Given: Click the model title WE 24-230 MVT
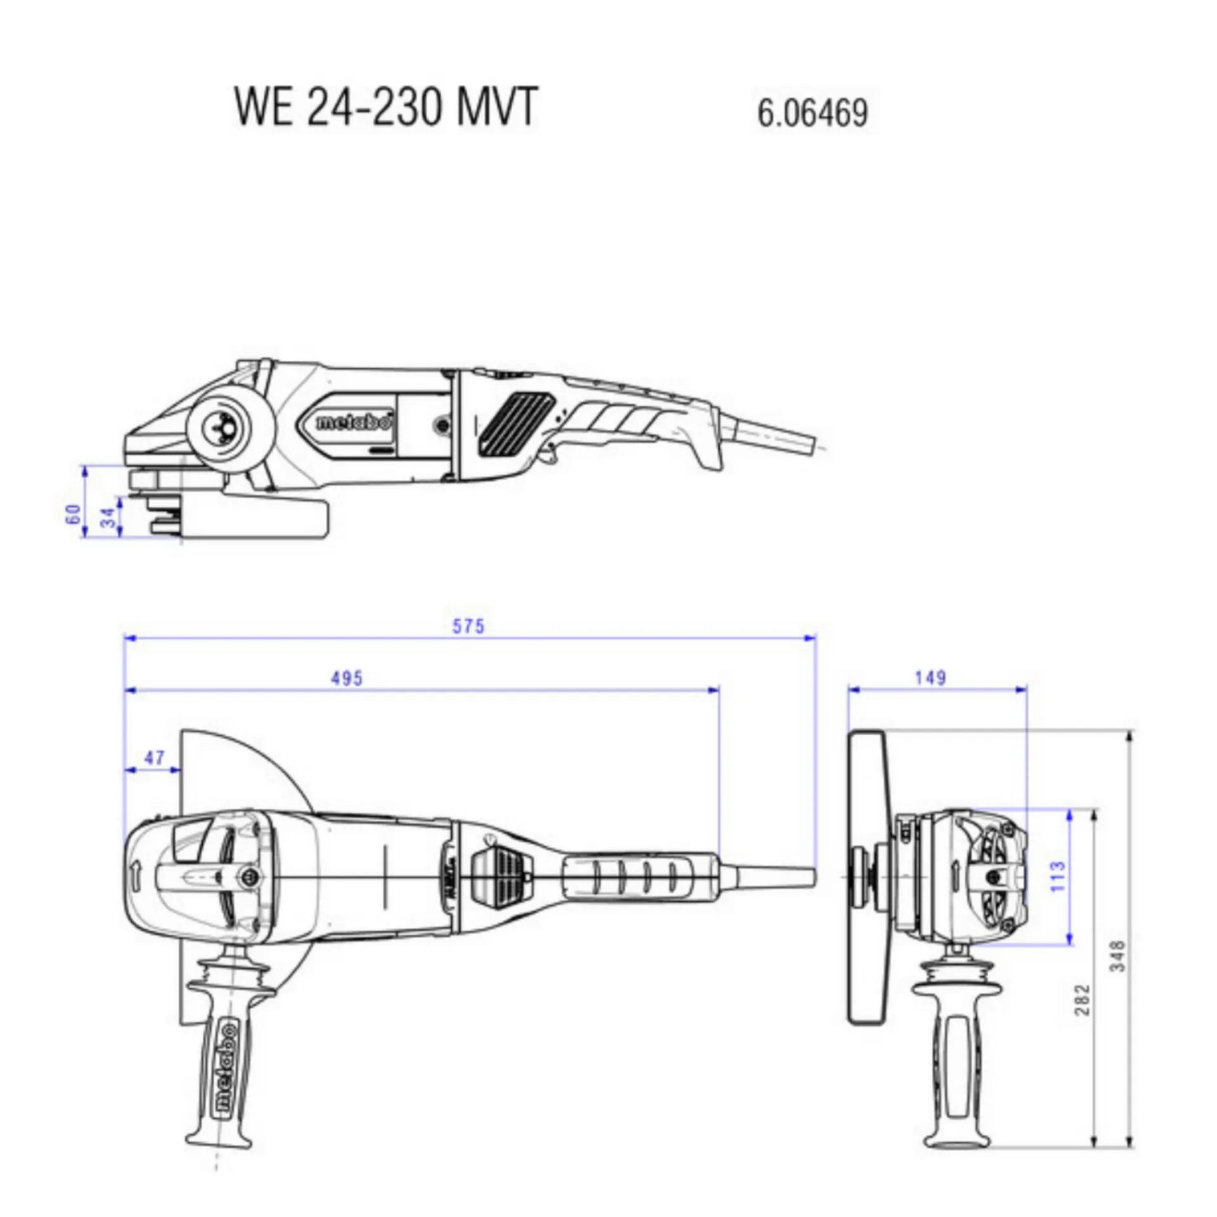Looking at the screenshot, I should point(386,106).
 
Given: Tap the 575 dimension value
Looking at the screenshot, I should point(468,626).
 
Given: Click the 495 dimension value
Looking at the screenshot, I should point(347,678).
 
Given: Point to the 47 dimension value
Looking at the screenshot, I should point(154,757).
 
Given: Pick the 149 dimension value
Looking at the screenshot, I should point(930,678).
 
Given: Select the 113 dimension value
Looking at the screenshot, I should point(1058,877).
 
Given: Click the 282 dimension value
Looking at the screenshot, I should point(1083,1000).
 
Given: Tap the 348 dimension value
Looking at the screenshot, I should point(1118,956).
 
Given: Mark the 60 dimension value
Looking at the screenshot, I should point(74,514).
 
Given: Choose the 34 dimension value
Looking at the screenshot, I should point(110,518).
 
